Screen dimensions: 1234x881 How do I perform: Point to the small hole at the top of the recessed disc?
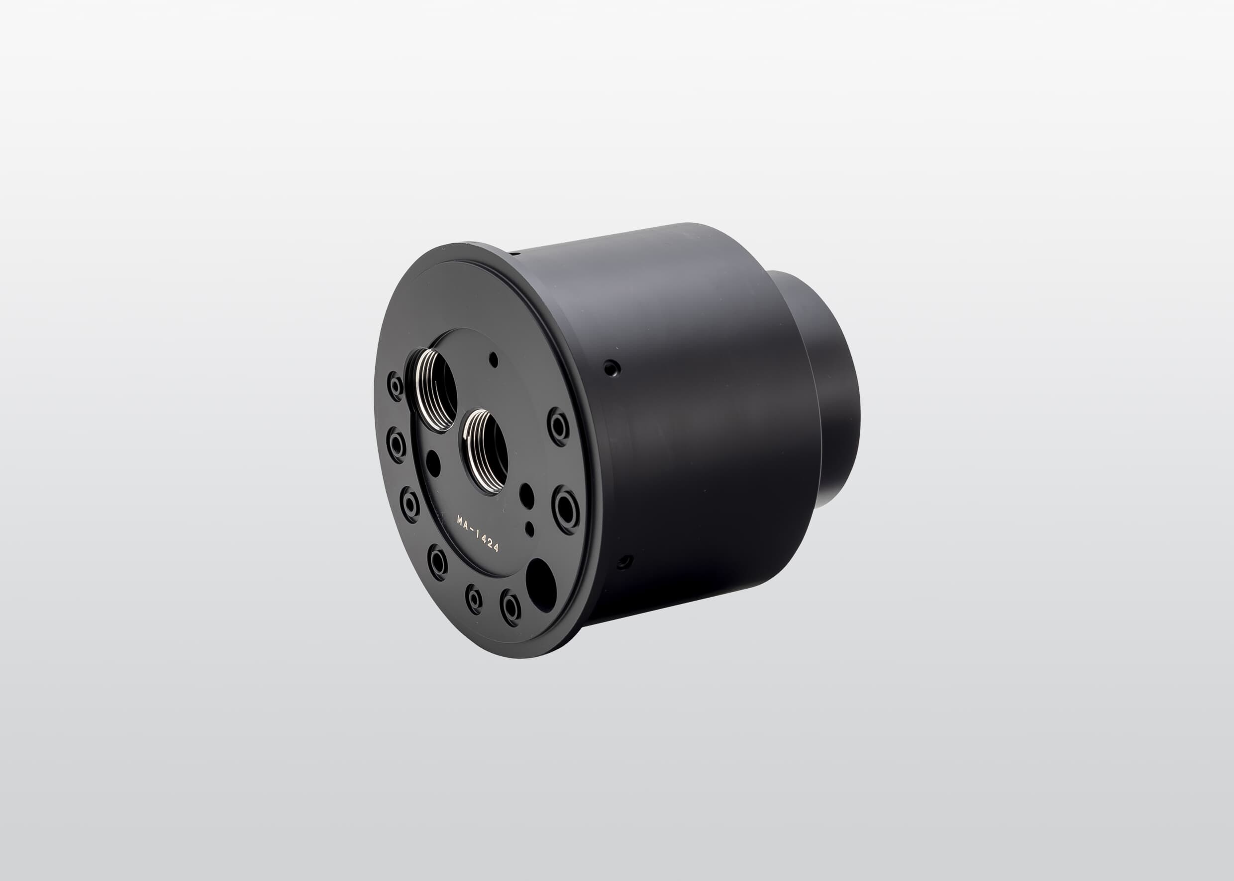point(494,359)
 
